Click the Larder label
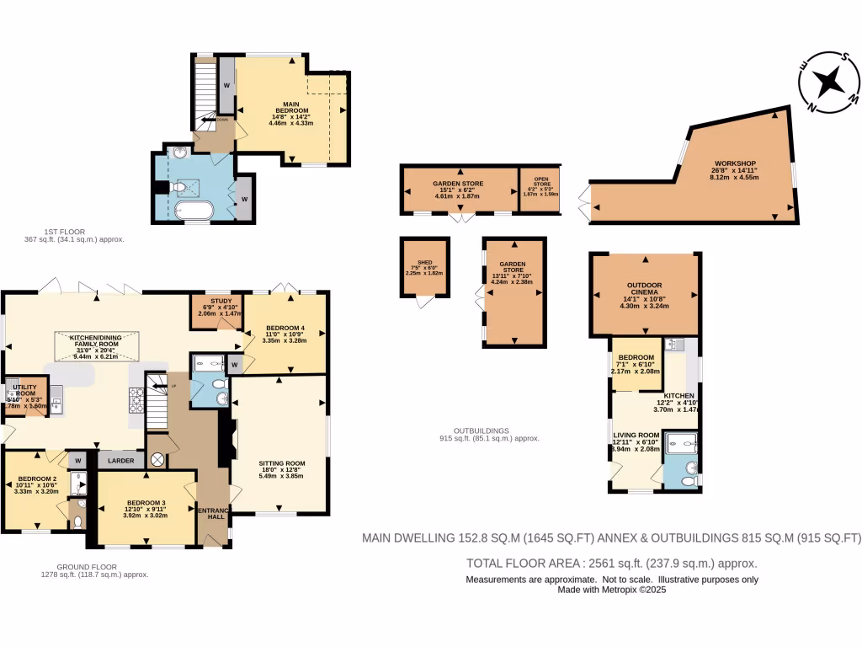[120, 461]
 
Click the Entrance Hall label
[212, 513]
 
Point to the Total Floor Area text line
[611, 564]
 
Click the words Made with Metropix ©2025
[612, 590]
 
